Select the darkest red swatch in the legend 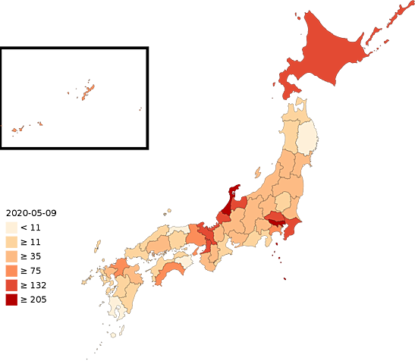[11, 301]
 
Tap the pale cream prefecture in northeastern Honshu [307, 136]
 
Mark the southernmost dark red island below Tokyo [285, 278]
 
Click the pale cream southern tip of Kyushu [115, 309]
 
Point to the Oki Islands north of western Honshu [168, 212]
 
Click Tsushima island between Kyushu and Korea [98, 245]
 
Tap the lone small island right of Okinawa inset [140, 109]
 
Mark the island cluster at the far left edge [23, 128]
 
